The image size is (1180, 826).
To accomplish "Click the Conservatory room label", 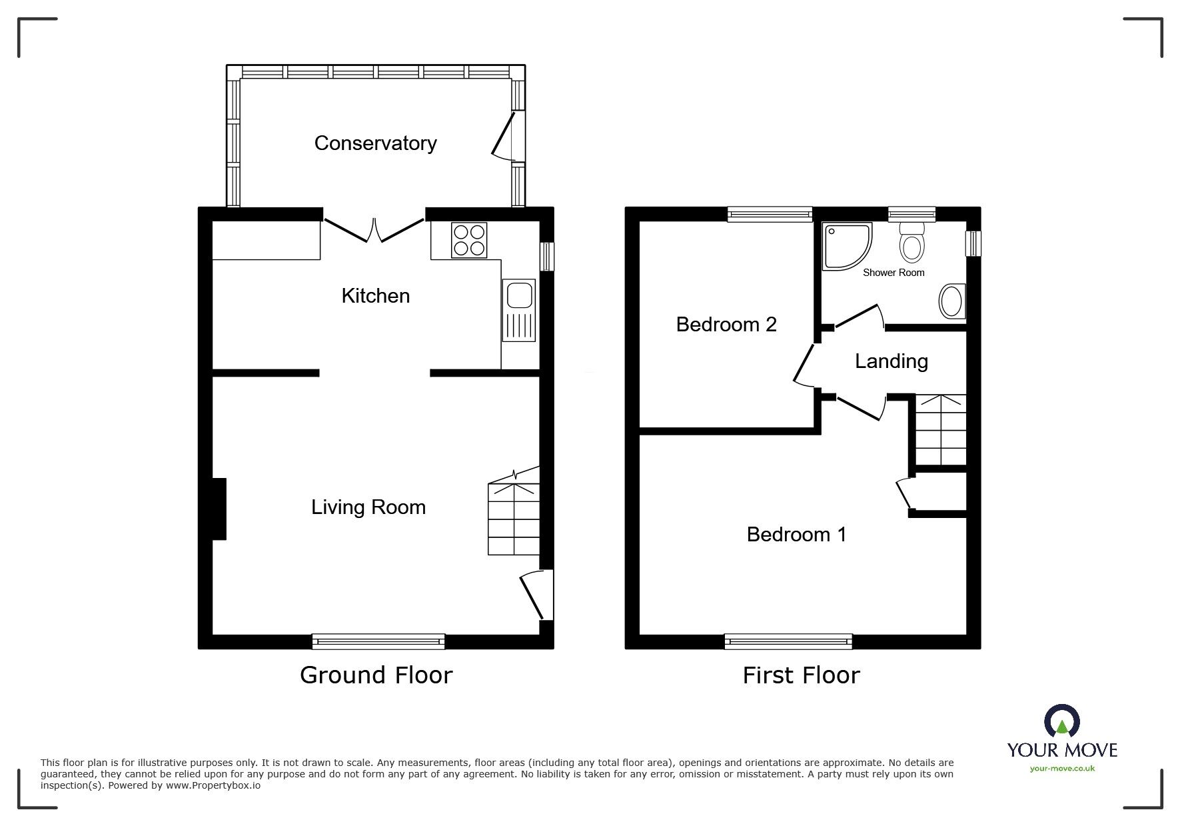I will coord(375,143).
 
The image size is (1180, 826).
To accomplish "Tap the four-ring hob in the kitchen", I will coord(469,240).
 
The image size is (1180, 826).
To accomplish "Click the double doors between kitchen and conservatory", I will coord(374,230).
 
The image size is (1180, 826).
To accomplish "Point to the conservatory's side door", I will coord(504,137).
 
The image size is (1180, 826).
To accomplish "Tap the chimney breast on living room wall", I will coord(219,509).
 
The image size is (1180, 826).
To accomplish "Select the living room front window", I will coord(378,641).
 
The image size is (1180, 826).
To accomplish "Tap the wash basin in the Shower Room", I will coord(951,302).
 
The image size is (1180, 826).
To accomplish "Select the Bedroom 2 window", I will coord(770,214).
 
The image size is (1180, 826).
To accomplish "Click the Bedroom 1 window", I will coord(788,641).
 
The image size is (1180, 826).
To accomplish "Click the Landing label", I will coord(891,361).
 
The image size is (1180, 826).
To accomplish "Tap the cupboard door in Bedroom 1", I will coord(904,495).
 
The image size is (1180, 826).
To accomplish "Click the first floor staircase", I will coord(940,430).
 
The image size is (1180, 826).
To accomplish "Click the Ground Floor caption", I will coord(376,675).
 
